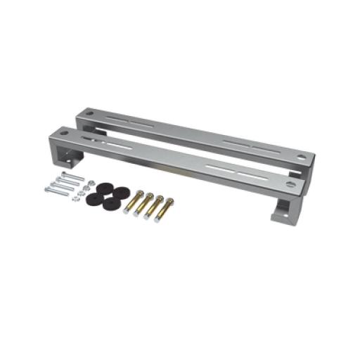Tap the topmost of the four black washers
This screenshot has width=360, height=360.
(x=107, y=188)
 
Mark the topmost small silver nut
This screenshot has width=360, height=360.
(x=84, y=181)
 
